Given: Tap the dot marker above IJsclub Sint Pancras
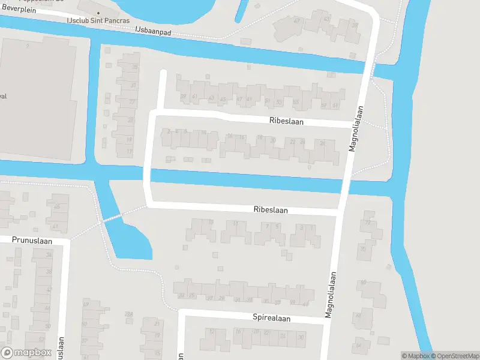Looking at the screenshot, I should point(99,13).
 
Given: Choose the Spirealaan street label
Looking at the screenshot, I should point(271,318).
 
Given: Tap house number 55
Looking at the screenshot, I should point(296,102).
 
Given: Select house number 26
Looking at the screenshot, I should point(322,143).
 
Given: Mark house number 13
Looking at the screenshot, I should point(235,224).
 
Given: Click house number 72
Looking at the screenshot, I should point(367,223).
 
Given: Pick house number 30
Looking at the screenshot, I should point(301,337).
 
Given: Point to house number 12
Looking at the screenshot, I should point(211,331).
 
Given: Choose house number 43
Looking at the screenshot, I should point(211,98).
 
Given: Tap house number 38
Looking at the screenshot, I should point(49,272).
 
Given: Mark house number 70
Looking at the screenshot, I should point(362,249).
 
